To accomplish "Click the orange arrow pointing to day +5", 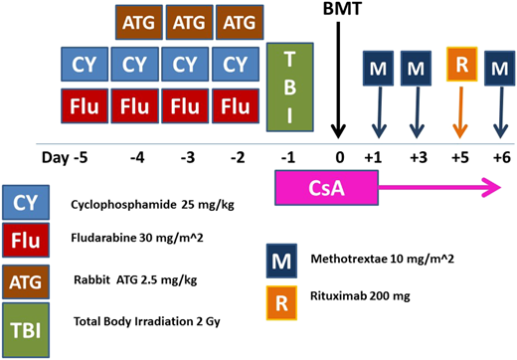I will (459, 114).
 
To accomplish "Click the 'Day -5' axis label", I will (64, 155).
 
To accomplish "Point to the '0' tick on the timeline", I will (339, 155).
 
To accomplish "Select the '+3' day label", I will (418, 155).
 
